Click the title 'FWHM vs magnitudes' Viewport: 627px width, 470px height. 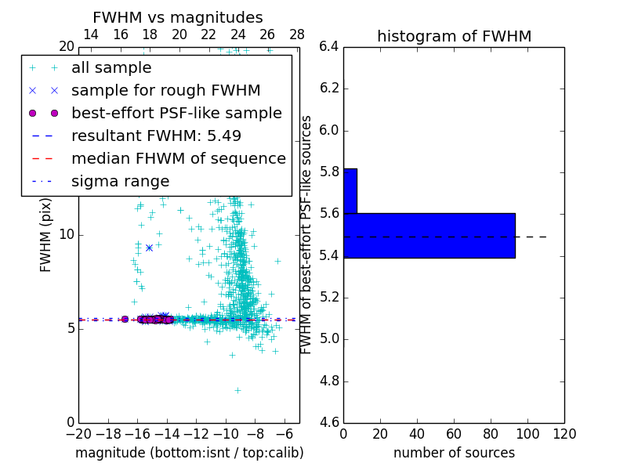178,18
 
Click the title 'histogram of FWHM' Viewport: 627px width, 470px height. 454,37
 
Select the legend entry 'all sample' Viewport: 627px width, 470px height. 111,68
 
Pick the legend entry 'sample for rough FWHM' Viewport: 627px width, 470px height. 165,91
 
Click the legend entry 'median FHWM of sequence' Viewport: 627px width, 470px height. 178,159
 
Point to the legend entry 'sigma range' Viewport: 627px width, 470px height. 120,182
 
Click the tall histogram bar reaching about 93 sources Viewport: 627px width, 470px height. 429,235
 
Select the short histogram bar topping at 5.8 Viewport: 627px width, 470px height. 350,190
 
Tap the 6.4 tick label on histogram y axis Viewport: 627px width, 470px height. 329,46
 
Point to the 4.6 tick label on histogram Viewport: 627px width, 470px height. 329,423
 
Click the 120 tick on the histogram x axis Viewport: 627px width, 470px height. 564,434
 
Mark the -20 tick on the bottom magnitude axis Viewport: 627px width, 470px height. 78,434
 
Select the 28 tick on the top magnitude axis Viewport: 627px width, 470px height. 297,34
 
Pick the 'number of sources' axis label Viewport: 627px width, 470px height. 454,453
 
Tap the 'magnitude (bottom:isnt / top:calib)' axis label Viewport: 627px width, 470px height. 189,453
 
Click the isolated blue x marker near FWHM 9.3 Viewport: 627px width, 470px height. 149,248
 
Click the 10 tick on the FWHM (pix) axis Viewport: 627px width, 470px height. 67,235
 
